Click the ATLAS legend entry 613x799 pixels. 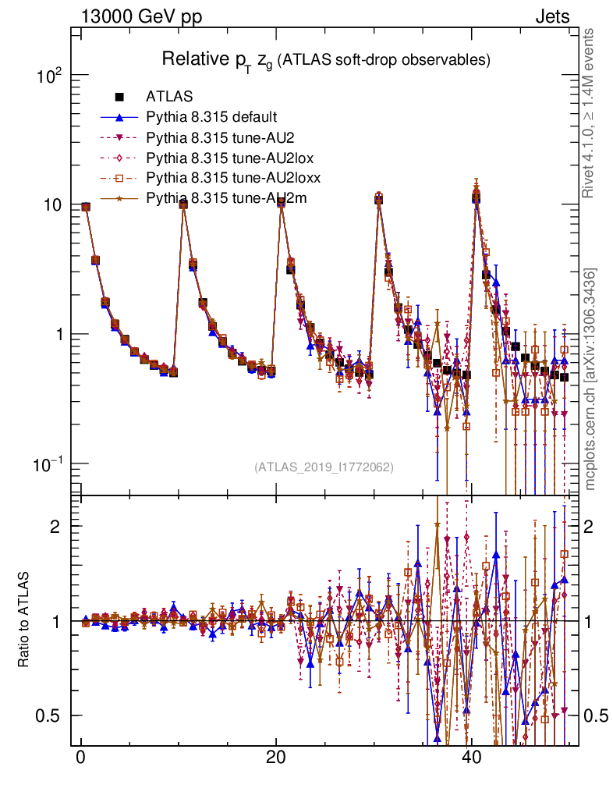click(x=164, y=98)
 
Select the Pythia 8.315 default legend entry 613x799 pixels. click(x=211, y=118)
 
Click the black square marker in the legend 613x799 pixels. click(x=120, y=98)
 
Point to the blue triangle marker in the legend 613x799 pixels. click(x=120, y=118)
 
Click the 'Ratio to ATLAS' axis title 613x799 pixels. click(x=26, y=620)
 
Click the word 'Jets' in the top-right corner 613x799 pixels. click(x=551, y=16)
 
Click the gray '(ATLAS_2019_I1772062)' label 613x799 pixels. click(x=323, y=467)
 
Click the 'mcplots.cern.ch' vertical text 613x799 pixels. click(x=590, y=421)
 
